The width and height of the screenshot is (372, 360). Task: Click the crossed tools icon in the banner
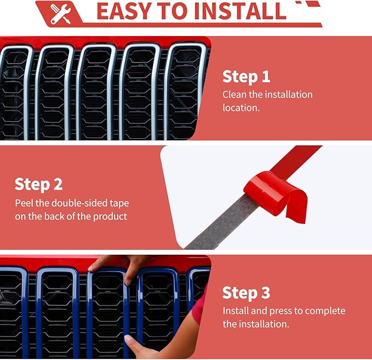pos(60,14)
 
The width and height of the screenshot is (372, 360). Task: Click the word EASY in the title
pos(124,11)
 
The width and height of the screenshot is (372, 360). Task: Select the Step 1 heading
pos(246,77)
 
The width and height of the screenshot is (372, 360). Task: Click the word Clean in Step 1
pos(234,94)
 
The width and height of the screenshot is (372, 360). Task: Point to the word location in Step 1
pos(241,108)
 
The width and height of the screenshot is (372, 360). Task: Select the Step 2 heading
pos(39,185)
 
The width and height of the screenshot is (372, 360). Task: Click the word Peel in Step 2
pos(24,203)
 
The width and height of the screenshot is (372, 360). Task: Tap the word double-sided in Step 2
pos(79,203)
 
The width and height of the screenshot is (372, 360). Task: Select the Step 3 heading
pos(246,293)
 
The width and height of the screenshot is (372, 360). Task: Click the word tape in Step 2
pos(119,204)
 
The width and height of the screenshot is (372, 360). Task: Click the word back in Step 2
pos(54,216)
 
